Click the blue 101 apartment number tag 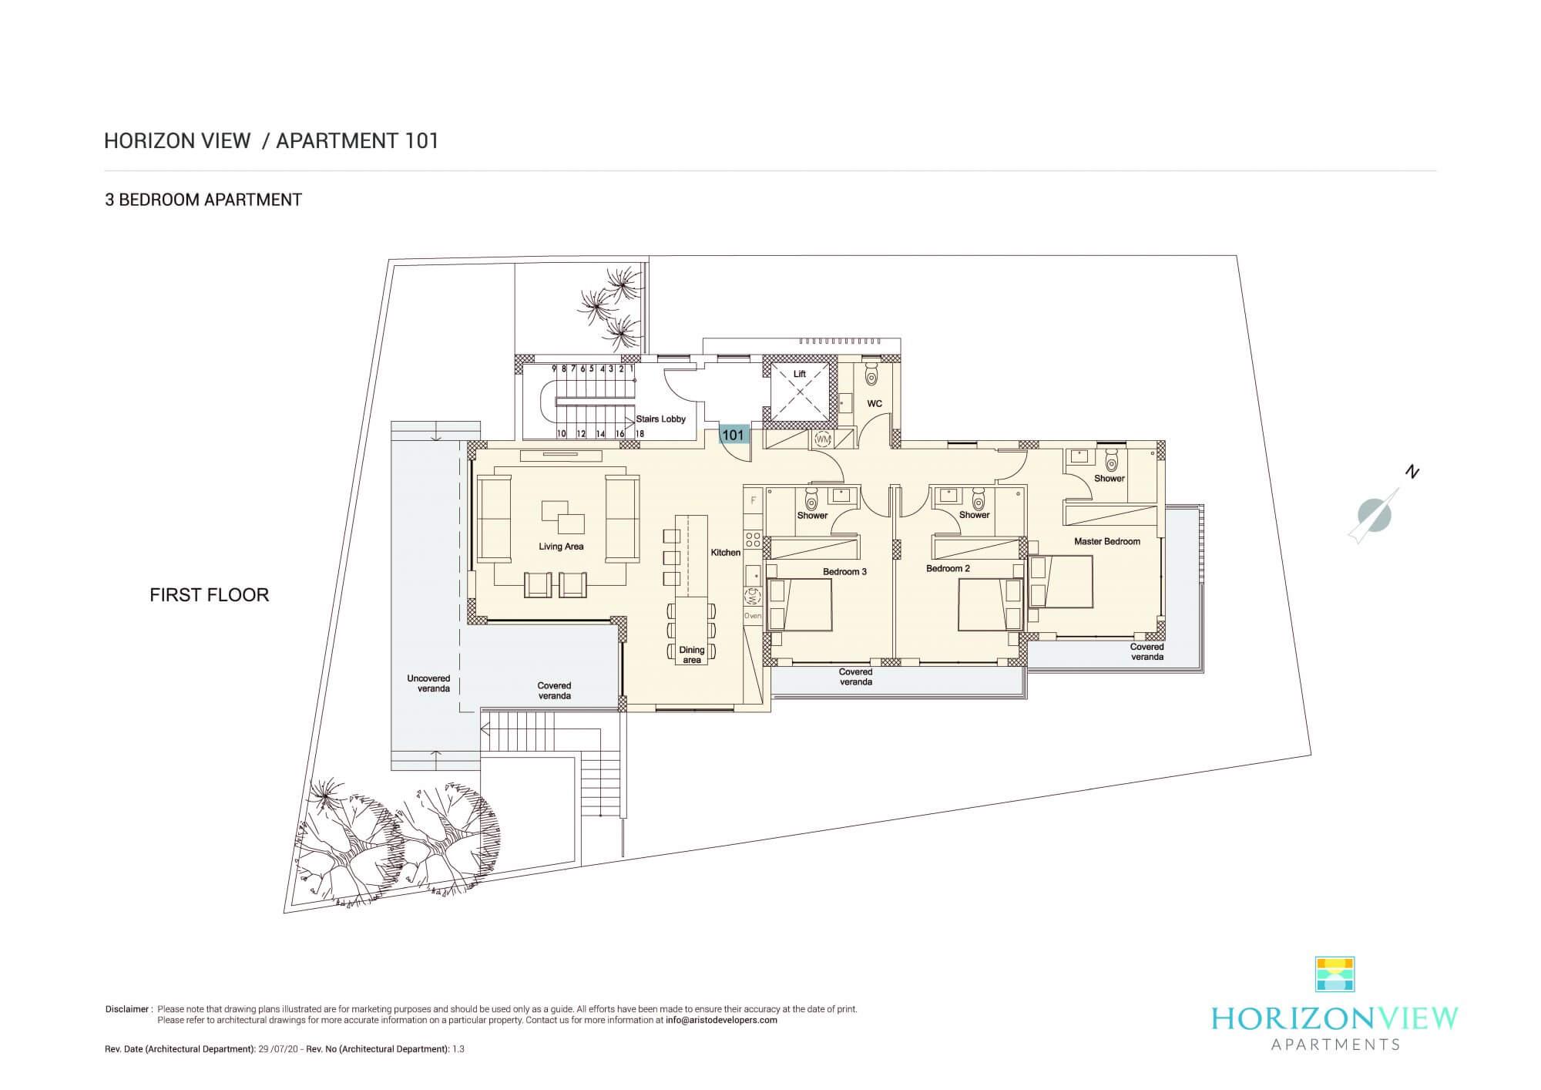(x=734, y=435)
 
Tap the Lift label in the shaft (x=800, y=374)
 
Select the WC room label (x=875, y=404)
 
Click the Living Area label (x=561, y=547)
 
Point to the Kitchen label (x=726, y=552)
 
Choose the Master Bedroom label (x=1107, y=541)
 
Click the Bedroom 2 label (x=948, y=568)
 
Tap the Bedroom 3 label (x=844, y=571)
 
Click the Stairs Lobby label (x=661, y=419)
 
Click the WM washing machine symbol (x=823, y=439)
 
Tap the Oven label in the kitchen (x=753, y=616)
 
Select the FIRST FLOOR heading (x=210, y=595)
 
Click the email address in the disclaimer (x=722, y=1020)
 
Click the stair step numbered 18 (x=639, y=434)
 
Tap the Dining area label (x=692, y=655)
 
